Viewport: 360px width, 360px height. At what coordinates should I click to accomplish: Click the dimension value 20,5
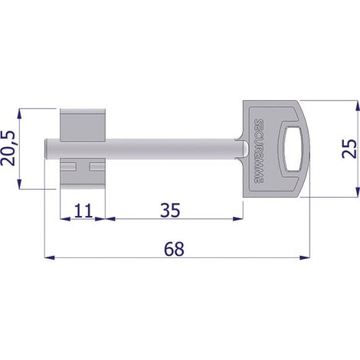tap(8, 149)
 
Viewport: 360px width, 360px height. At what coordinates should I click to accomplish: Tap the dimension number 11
tap(83, 211)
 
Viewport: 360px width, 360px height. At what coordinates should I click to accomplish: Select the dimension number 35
tap(170, 211)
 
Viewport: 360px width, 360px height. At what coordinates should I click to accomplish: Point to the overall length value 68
tap(174, 249)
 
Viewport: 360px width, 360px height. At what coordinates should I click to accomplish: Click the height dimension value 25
tap(349, 149)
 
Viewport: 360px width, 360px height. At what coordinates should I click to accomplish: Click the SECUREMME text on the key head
tap(259, 151)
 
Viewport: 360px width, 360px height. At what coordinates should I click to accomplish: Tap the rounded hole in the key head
tap(293, 149)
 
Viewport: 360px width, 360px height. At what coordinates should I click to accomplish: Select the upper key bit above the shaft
tap(83, 125)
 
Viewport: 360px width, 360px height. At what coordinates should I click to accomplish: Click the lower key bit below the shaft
tap(83, 174)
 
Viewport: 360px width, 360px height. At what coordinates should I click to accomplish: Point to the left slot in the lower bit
tap(68, 167)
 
